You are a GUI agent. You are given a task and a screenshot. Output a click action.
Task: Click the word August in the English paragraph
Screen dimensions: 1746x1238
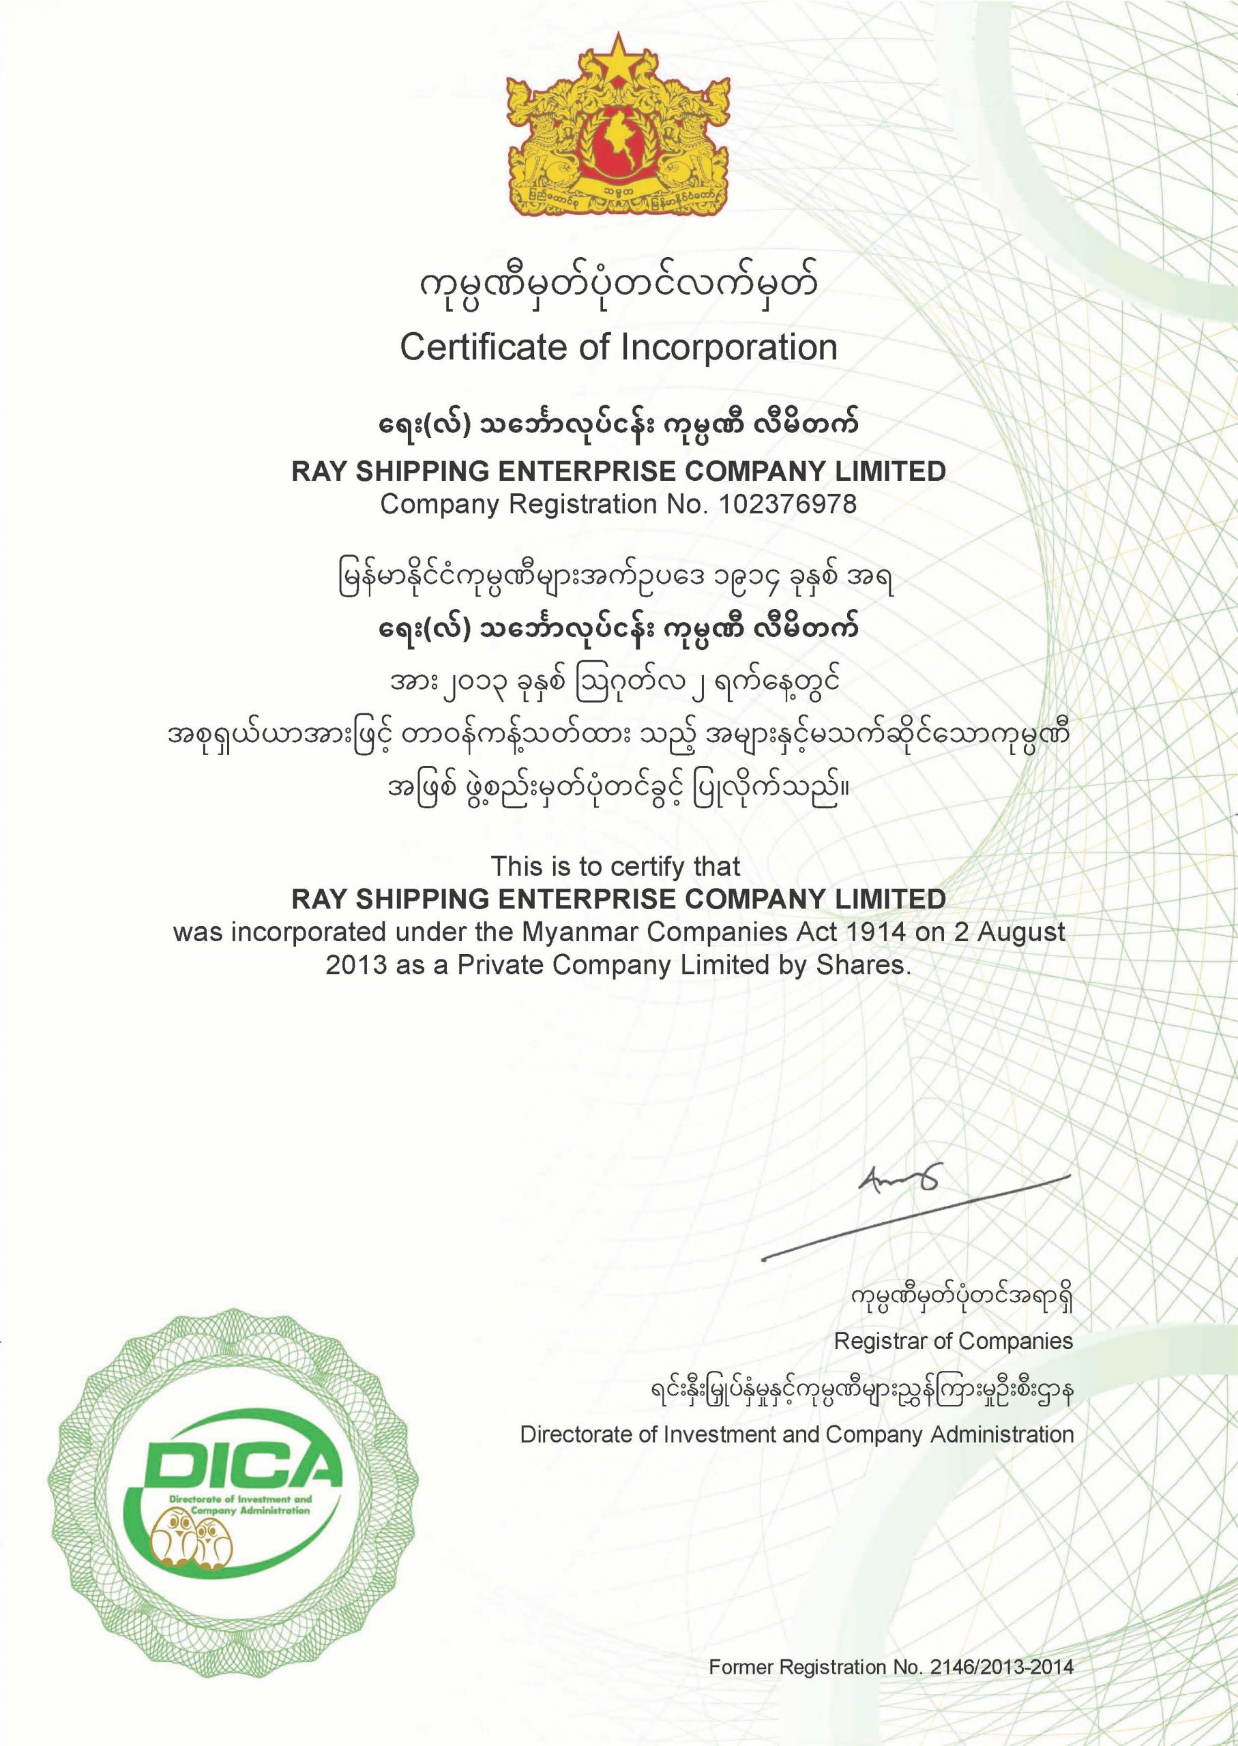[1022, 933]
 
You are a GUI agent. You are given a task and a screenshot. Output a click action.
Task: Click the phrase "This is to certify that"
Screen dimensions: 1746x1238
[615, 867]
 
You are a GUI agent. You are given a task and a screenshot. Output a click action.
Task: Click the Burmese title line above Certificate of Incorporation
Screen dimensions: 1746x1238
[619, 288]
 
